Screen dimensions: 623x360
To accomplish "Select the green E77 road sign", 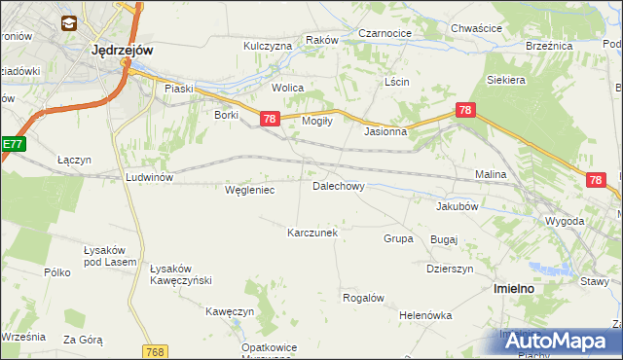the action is [11, 144].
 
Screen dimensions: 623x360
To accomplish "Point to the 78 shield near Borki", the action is [270, 119].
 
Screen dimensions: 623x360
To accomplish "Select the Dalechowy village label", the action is [338, 185].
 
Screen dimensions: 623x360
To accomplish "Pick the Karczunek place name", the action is [311, 233].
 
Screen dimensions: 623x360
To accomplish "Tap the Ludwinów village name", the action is [149, 177].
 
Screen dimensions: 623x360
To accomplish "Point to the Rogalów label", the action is [363, 297].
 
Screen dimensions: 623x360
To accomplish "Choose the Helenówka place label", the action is [425, 315].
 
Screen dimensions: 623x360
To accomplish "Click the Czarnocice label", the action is [385, 32].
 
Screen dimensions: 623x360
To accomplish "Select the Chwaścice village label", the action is [476, 28].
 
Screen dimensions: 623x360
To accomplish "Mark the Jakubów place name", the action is [457, 206].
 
